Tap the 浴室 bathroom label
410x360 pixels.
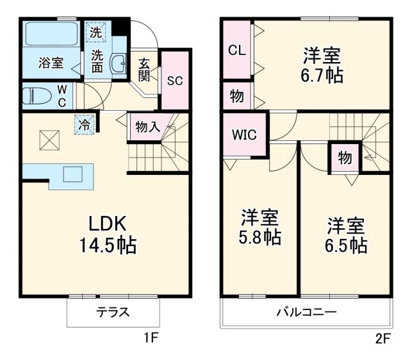51,63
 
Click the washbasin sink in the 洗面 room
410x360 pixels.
119,64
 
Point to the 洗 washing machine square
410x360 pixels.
95,31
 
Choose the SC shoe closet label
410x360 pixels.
175,81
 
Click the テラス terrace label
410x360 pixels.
113,313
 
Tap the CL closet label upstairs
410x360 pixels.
237,51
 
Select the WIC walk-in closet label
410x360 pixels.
244,136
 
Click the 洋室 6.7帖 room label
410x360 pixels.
322,65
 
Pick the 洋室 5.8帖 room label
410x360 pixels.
260,226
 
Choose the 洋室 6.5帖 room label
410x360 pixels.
346,235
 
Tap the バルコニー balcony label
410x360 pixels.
306,313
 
